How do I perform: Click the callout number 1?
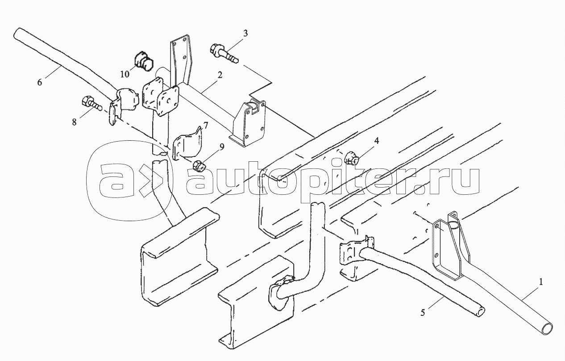click(541, 282)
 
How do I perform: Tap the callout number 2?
click(219, 76)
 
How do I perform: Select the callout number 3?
click(245, 33)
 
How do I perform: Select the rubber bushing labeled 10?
click(143, 61)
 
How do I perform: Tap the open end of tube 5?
click(480, 312)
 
